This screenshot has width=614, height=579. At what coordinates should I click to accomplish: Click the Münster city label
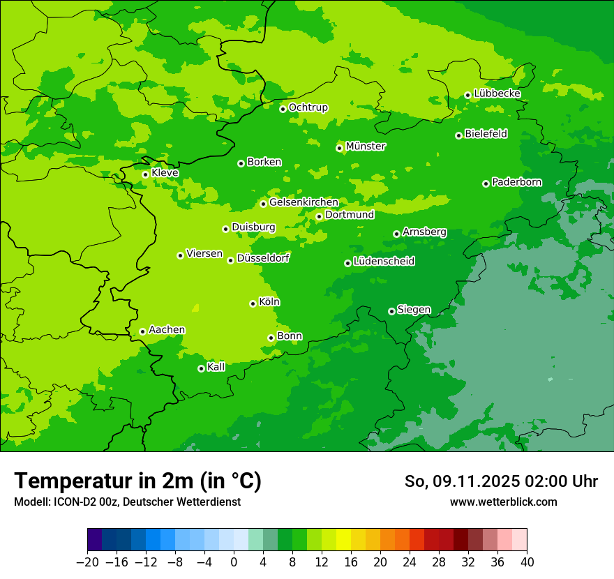365,146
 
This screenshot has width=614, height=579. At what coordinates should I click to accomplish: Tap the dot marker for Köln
253,303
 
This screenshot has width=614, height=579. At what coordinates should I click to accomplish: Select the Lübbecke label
497,93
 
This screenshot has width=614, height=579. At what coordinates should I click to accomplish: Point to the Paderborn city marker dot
486,183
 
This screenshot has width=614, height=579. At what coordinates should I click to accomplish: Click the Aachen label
167,330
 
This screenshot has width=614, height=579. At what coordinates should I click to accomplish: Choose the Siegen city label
414,310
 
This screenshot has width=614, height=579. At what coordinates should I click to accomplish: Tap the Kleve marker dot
145,174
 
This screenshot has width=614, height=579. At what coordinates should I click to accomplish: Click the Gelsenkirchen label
304,202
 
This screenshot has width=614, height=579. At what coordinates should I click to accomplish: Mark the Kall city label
216,367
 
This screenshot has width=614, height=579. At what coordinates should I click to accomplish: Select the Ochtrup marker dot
283,109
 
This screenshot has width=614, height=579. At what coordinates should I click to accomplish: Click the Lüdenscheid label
384,262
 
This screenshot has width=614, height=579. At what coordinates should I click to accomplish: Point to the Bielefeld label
486,134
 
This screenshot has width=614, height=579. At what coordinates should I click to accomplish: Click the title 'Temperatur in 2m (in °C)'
137,481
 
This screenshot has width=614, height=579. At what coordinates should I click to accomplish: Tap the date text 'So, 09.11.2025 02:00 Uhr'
501,481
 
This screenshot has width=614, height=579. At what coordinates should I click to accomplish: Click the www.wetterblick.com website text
503,502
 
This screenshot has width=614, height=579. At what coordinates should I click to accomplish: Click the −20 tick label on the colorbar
87,562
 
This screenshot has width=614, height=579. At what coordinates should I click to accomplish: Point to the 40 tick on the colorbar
527,562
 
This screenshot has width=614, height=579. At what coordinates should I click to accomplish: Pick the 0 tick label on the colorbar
234,562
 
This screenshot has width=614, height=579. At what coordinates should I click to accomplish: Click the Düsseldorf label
263,258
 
